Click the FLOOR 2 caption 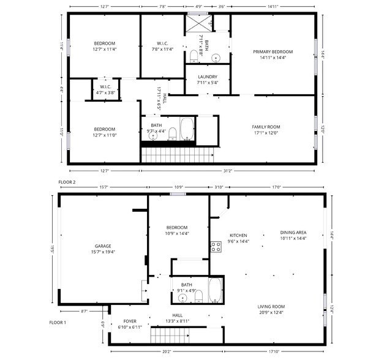coord(67,182)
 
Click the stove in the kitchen coord(216,247)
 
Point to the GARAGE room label coord(102,246)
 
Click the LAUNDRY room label coord(208,77)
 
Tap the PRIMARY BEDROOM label coord(273,51)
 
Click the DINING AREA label coord(293,233)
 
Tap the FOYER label coord(130,321)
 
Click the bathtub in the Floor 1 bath coord(215,290)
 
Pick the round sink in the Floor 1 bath coord(182,298)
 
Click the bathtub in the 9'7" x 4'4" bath coord(187,130)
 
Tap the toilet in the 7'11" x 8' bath coord(195,57)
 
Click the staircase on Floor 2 coord(178,154)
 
